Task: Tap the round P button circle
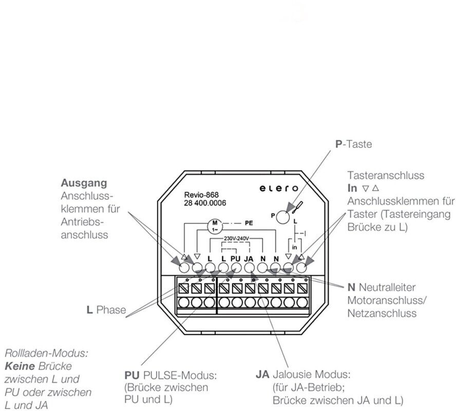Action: pos(282,217)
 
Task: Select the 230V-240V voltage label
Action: pos(236,238)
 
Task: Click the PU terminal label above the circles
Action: pos(236,258)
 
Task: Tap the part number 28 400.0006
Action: pos(205,203)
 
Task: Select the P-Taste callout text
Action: pos(354,144)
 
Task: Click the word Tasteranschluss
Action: pos(386,175)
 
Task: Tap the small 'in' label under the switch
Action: pos(294,248)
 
